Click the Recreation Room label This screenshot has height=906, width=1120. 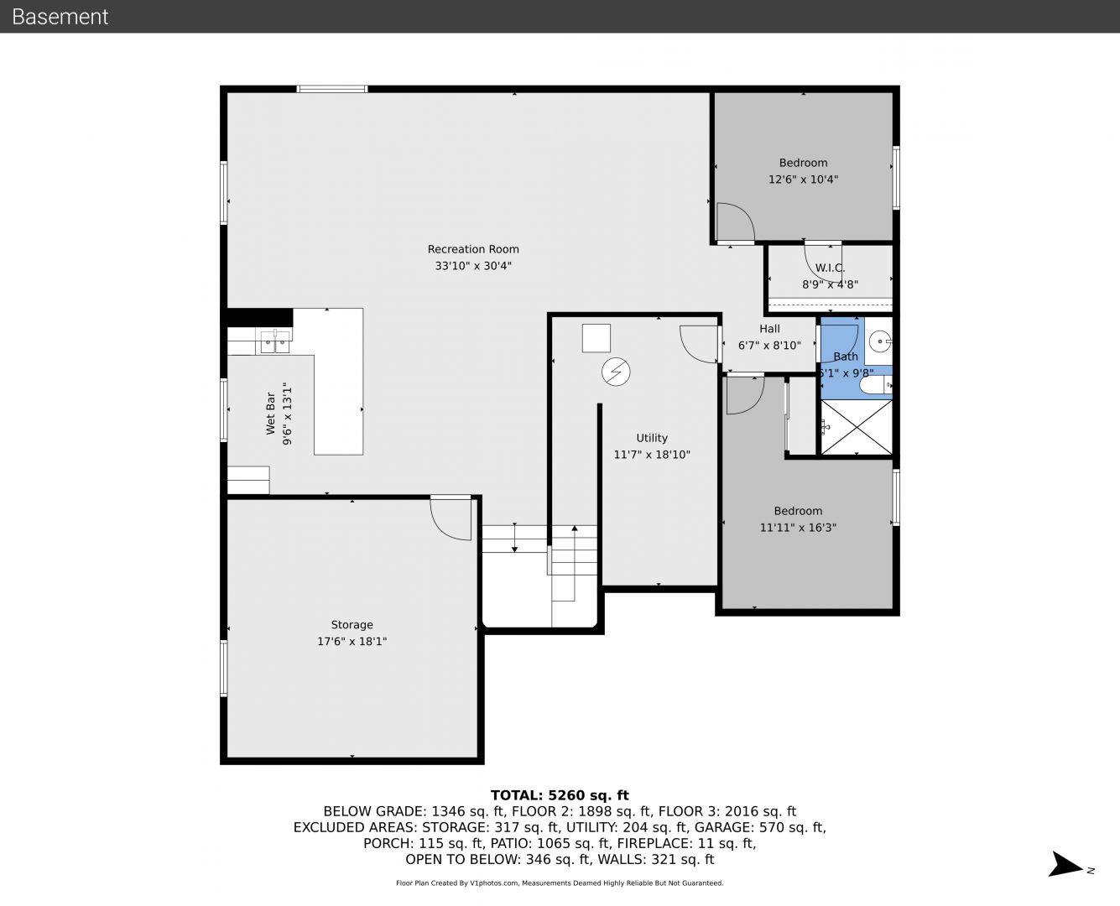473,249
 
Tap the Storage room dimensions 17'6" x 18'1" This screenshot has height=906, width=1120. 352,642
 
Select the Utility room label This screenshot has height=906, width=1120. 652,438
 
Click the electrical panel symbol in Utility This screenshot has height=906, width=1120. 616,372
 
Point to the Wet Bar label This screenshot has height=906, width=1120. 270,414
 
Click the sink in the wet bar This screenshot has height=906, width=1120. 275,341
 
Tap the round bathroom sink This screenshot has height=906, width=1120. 880,341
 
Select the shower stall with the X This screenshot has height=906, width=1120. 857,427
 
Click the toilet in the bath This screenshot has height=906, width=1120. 876,384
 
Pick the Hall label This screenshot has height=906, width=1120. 769,329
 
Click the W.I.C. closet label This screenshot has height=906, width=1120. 830,268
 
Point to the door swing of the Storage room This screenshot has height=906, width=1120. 451,518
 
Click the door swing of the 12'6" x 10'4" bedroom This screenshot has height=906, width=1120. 736,223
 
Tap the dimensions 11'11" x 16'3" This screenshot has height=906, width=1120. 798,528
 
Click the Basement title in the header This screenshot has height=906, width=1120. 60,17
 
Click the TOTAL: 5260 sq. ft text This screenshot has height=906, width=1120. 560,795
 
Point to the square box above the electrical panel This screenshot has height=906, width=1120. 596,338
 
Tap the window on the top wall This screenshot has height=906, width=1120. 331,89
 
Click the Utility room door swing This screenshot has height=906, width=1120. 700,345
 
